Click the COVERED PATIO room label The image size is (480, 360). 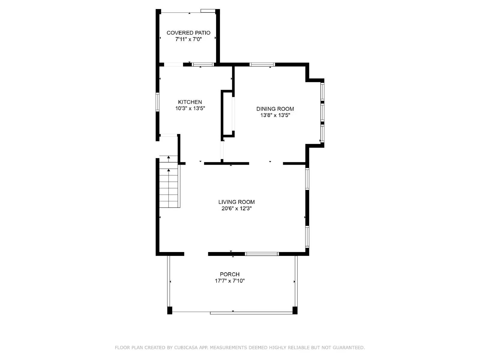188,33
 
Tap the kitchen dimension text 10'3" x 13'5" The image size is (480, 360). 190,109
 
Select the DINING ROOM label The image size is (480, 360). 275,109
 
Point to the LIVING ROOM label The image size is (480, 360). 236,202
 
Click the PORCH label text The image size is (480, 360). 229,274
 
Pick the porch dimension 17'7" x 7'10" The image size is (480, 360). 229,281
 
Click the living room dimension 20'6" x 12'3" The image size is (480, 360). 236,208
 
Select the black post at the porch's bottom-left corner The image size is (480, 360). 170,310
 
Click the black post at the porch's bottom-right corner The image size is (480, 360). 295,310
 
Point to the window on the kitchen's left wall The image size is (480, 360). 157,102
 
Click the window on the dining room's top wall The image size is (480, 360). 262,64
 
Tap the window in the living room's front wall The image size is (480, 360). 262,254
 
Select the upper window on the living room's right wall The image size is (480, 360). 307,179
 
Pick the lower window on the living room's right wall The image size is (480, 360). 307,236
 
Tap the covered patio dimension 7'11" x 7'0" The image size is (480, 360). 188,39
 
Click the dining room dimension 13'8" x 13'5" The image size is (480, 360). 275,115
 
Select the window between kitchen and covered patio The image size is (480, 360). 203,64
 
